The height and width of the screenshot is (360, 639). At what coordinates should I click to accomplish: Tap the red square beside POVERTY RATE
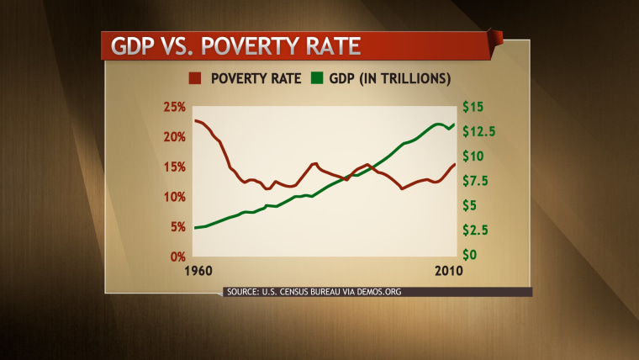194,80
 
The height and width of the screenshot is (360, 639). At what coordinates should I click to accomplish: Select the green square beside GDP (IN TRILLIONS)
317,80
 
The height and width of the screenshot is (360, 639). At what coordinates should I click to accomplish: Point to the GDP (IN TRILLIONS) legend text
389,80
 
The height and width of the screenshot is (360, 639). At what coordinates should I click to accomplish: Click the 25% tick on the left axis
174,107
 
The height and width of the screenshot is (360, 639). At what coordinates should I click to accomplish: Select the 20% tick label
174,137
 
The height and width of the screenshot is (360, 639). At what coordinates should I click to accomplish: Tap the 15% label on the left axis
174,167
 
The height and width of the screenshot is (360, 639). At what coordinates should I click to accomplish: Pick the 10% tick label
174,197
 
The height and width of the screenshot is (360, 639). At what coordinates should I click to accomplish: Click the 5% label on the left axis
177,226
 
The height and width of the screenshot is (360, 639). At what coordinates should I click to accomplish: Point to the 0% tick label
177,256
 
